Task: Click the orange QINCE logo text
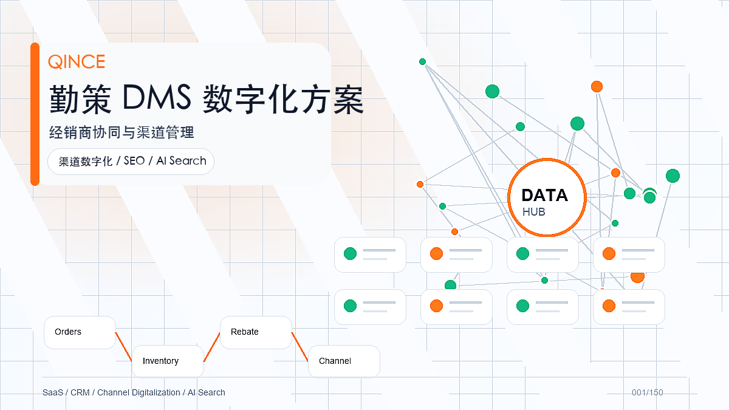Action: coord(77,61)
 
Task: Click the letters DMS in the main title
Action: coord(157,97)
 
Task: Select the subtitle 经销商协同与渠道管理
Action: coord(122,132)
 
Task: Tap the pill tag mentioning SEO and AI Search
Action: coord(131,162)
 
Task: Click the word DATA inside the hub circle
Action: coord(544,195)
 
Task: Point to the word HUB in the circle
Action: coord(534,212)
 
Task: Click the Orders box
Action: coord(80,332)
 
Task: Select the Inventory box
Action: coord(168,361)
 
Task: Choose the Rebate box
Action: coord(256,332)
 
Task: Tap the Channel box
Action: coord(344,361)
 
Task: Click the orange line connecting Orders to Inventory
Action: coord(124,347)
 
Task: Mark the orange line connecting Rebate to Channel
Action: coord(299,347)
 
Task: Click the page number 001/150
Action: coord(648,392)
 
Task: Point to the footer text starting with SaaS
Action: coord(134,392)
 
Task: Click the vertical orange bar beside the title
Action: coord(35,114)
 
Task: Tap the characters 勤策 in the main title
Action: coord(80,99)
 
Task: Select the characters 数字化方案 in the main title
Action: coord(283,99)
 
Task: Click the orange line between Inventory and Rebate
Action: coord(212,347)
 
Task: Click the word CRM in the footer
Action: coord(80,392)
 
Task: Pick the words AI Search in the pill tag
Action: coord(181,161)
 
